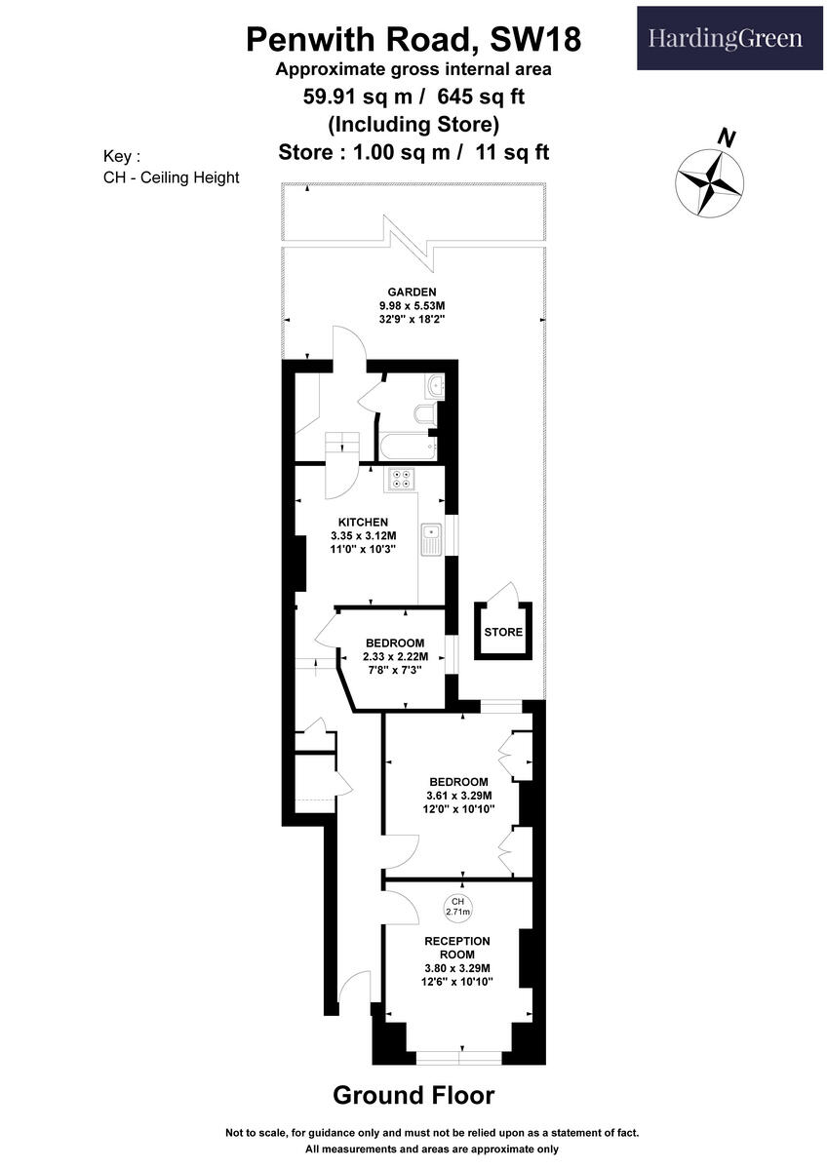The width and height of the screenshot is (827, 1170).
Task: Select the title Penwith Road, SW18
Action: point(413,39)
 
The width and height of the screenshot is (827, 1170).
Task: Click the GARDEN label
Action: point(412,292)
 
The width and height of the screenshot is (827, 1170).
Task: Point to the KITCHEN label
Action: point(364,522)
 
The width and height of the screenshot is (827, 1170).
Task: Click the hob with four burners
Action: point(402,478)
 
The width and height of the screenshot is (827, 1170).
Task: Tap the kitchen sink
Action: point(431,538)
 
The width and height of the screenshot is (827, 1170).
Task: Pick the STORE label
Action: point(503,632)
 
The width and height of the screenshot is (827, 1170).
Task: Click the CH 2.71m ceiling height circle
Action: point(457,907)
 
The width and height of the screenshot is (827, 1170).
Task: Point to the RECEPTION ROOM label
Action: point(457,947)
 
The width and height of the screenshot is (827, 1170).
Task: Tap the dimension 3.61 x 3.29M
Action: point(457,795)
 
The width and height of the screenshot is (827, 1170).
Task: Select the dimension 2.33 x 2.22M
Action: point(395,657)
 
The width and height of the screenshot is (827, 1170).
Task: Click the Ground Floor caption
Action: point(413,1095)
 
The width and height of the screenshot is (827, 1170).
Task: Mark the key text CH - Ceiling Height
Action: point(171,177)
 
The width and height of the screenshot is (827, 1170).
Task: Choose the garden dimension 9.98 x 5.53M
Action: point(412,305)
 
